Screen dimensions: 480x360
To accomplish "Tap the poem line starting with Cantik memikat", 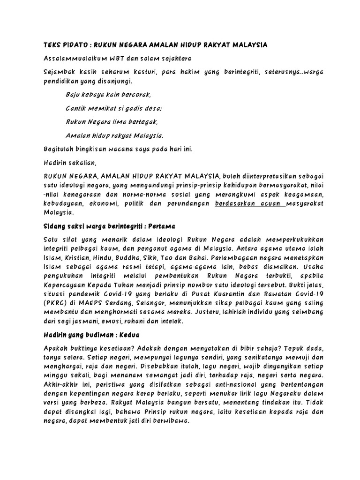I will point(114,108).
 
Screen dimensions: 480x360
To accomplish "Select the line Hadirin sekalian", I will point(70,163).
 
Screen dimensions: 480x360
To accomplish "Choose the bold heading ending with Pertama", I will point(108,226).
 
